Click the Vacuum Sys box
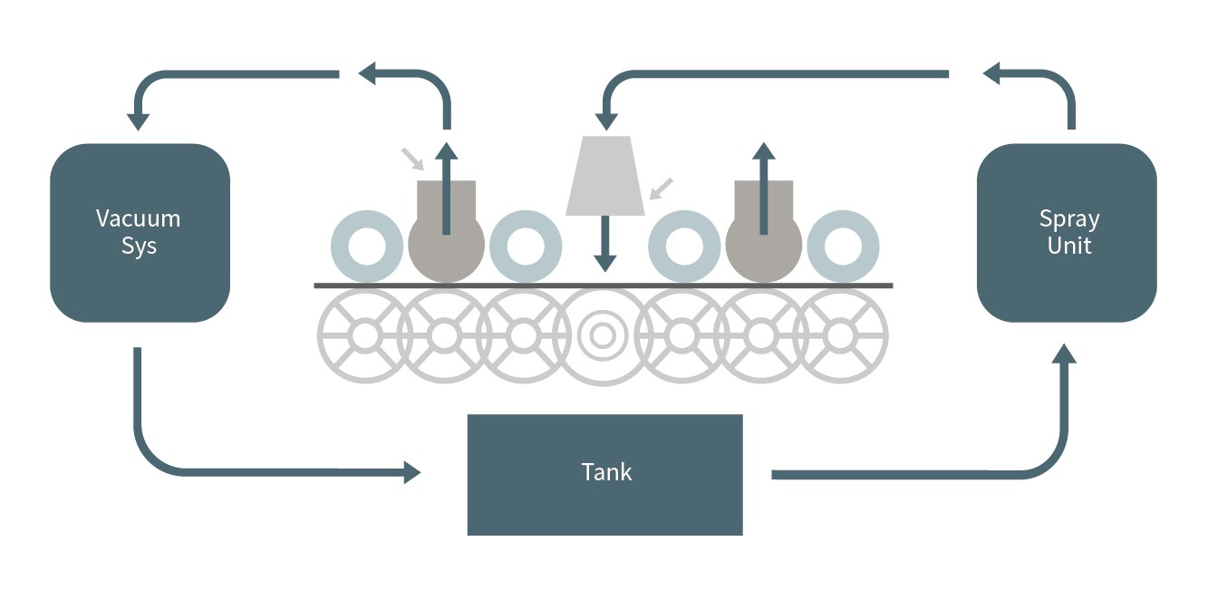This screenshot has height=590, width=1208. [140, 232]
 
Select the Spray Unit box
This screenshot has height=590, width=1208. [1067, 232]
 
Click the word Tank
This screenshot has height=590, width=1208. [606, 472]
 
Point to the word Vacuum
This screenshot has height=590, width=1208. [139, 218]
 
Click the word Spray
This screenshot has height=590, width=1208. [1069, 218]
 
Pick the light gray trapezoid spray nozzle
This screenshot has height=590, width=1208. [604, 176]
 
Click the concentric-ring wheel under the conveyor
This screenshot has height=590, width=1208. [602, 336]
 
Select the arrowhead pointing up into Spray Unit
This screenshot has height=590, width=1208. [1067, 353]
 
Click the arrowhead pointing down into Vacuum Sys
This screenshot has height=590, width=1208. [139, 120]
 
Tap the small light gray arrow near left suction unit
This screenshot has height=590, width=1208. [413, 159]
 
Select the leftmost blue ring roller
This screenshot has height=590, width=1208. [367, 246]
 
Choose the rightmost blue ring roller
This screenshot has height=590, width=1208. [843, 246]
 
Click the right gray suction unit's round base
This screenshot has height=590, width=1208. [763, 247]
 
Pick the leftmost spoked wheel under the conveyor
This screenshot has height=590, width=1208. [365, 336]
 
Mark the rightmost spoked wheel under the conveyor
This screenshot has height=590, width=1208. [841, 336]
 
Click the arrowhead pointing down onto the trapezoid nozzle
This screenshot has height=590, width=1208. [604, 121]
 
